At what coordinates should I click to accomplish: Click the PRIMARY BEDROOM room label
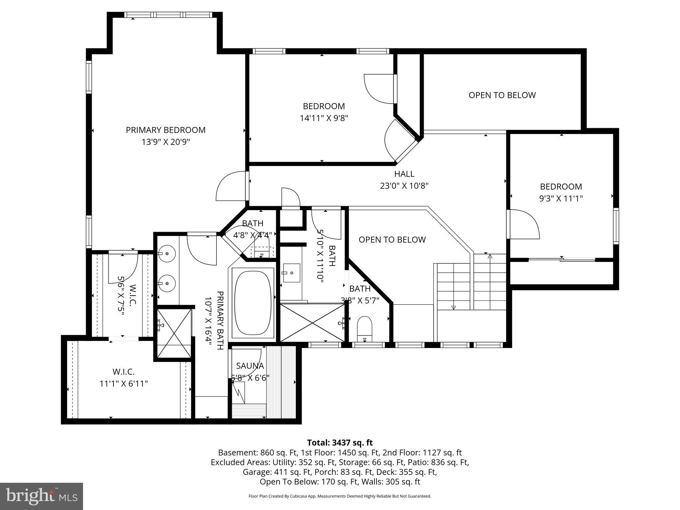[165, 130]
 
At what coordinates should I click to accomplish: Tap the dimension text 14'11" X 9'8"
[324, 118]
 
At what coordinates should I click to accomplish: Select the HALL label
[404, 174]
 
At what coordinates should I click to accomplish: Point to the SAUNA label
[250, 366]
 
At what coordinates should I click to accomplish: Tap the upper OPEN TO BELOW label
[502, 95]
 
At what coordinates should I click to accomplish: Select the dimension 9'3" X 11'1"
[561, 199]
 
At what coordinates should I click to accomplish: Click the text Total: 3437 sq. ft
[340, 443]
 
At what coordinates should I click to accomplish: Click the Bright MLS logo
[41, 496]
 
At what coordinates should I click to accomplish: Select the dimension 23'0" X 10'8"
[404, 186]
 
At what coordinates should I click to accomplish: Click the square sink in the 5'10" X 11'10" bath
[291, 273]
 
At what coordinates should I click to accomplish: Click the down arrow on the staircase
[454, 307]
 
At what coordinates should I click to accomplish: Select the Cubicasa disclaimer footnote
[340, 496]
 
